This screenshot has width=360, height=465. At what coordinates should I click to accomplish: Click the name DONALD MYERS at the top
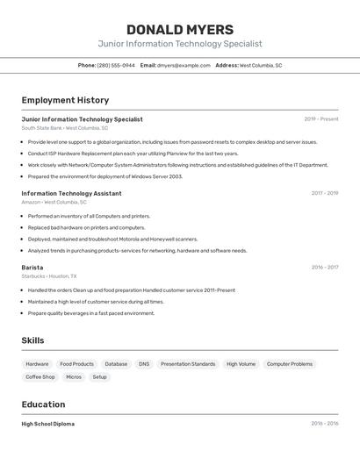180,30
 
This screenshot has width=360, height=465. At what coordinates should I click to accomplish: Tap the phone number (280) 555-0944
116,65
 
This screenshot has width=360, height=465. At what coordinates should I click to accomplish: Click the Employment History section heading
65,100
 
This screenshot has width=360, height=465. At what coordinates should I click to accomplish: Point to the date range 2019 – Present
321,119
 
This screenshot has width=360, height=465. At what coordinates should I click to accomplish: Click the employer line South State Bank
65,128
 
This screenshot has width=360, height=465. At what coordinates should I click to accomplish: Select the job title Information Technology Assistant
71,193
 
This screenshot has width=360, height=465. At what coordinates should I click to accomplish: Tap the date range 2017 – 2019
324,193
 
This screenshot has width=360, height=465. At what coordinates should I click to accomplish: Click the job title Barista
32,268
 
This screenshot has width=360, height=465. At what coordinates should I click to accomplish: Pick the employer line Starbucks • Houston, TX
49,276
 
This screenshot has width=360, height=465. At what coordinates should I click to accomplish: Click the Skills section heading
32,340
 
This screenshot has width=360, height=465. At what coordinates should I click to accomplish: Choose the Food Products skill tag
76,364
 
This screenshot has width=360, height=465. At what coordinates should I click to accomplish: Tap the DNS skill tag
144,364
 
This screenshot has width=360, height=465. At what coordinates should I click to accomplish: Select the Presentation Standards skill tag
188,364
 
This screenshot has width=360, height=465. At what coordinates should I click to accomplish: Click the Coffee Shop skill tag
40,377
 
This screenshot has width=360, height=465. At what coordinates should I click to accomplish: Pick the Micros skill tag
74,377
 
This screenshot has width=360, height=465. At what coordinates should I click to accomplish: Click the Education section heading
43,404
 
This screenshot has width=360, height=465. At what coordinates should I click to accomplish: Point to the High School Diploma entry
48,424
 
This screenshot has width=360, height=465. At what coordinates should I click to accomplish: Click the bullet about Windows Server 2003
105,176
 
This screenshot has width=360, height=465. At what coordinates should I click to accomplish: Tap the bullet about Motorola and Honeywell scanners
112,239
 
